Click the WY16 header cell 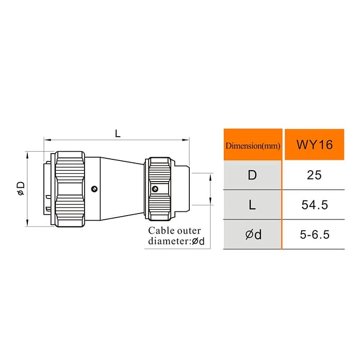pyautogui.click(x=314, y=144)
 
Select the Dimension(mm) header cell pyautogui.click(x=253, y=145)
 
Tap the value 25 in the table pyautogui.click(x=314, y=175)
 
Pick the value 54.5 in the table pyautogui.click(x=314, y=205)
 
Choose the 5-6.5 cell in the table pyautogui.click(x=314, y=235)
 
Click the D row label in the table pyautogui.click(x=252, y=175)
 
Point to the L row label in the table pyautogui.click(x=252, y=205)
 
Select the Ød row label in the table pyautogui.click(x=252, y=235)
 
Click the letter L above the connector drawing pyautogui.click(x=118, y=133)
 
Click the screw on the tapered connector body pyautogui.click(x=93, y=189)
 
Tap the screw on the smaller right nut pyautogui.click(x=155, y=189)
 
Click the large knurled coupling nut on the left pyautogui.click(x=70, y=189)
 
